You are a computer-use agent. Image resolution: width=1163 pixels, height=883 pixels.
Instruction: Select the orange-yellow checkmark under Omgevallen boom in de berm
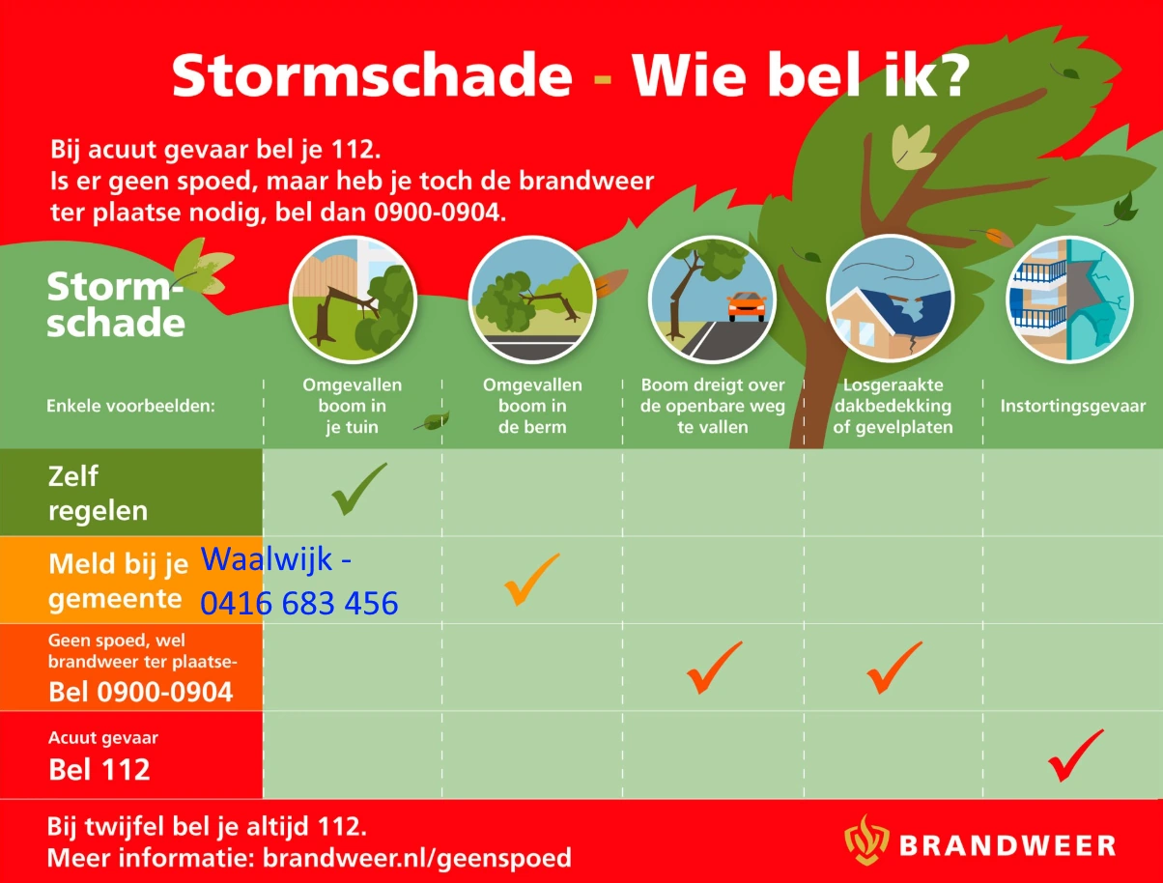click(x=530, y=578)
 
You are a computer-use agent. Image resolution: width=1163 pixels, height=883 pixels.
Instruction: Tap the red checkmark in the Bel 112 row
click(x=1074, y=755)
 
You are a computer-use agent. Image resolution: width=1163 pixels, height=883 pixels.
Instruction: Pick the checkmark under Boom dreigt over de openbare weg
click(x=713, y=667)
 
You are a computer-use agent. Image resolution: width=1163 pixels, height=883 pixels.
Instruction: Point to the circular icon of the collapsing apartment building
click(x=1069, y=299)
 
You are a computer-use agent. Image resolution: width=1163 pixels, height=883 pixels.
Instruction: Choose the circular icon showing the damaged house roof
click(x=890, y=299)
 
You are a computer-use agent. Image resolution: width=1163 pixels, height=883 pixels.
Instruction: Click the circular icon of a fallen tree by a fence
click(x=353, y=299)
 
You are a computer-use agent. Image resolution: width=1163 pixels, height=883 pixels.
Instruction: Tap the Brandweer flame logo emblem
click(x=865, y=840)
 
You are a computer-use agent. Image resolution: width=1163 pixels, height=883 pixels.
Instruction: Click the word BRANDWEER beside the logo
click(x=1007, y=846)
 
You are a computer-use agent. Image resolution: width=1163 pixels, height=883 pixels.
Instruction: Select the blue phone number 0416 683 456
click(x=299, y=604)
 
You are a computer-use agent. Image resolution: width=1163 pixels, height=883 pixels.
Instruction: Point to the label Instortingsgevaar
click(x=1072, y=406)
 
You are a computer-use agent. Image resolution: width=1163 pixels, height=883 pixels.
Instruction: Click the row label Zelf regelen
click(x=99, y=493)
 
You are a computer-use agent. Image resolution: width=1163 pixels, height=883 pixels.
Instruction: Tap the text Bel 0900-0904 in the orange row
click(x=141, y=692)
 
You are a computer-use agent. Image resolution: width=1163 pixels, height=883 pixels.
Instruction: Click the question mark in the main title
click(x=946, y=75)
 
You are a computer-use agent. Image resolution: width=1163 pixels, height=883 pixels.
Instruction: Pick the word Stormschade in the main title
click(x=372, y=75)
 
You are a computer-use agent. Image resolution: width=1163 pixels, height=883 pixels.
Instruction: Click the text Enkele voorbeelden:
click(x=130, y=406)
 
